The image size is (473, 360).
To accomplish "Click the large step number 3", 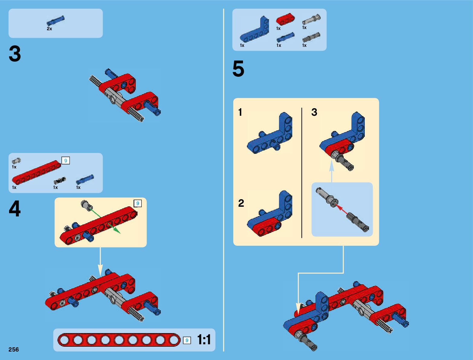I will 15,54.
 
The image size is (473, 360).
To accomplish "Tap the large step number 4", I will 15,209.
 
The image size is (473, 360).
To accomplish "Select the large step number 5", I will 238,69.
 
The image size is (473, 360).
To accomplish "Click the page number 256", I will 14,349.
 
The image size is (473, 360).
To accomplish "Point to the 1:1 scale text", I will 204,340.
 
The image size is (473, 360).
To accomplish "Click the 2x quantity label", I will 49,29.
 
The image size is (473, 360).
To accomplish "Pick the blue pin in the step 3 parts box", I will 56,21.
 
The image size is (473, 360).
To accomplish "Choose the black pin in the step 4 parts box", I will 60,180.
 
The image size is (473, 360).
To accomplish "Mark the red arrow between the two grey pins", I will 342,209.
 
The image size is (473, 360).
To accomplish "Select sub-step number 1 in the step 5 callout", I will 240,112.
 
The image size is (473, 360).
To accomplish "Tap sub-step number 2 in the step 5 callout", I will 241,203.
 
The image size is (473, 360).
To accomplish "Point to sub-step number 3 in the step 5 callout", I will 314,112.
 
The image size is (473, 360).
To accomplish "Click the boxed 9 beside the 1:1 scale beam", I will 187,340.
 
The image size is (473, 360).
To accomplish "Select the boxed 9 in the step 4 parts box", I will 66,161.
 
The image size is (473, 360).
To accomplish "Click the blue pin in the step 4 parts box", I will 85,180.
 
